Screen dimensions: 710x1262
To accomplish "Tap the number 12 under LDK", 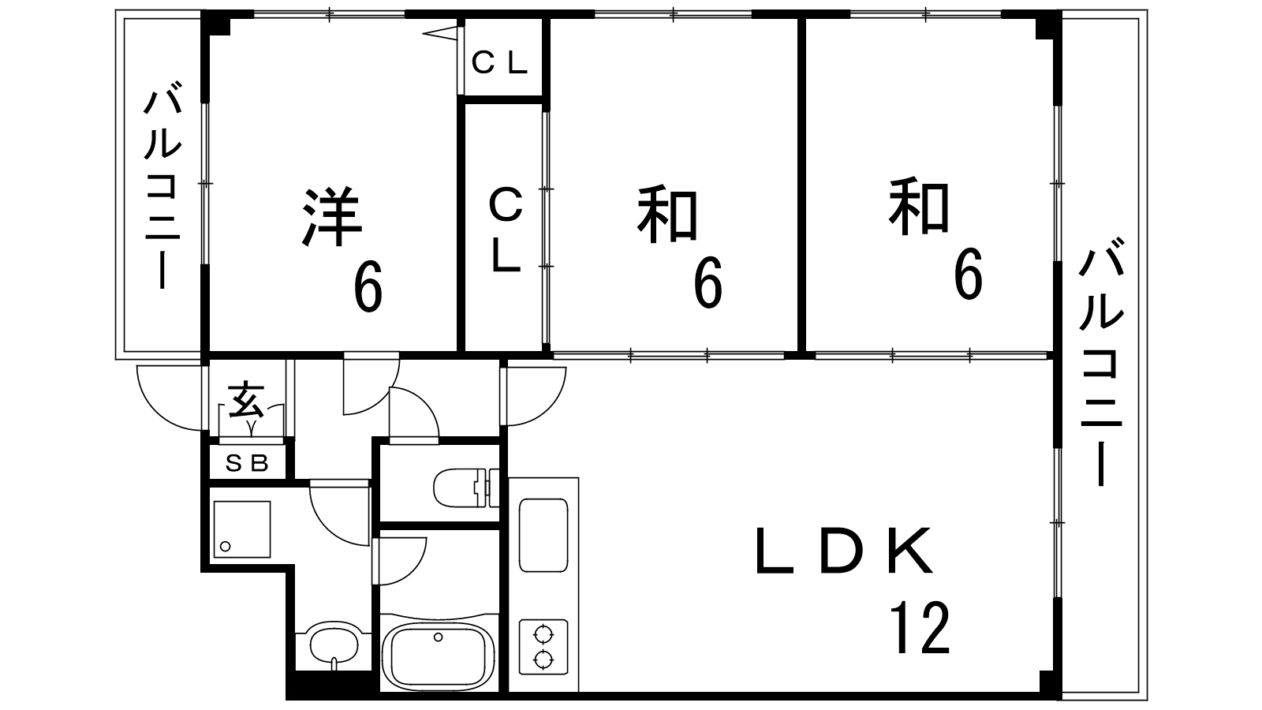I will click(x=920, y=627).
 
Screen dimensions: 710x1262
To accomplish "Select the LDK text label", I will click(x=845, y=551).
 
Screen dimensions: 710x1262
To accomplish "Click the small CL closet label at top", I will click(x=499, y=63).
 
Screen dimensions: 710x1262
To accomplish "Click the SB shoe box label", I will click(x=248, y=463).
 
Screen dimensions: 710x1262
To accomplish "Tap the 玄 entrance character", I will click(x=246, y=402).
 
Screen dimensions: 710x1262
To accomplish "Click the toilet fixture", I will click(x=465, y=487).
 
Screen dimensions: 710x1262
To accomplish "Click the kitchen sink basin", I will click(x=543, y=535).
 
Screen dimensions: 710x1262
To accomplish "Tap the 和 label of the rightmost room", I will click(x=919, y=208).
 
